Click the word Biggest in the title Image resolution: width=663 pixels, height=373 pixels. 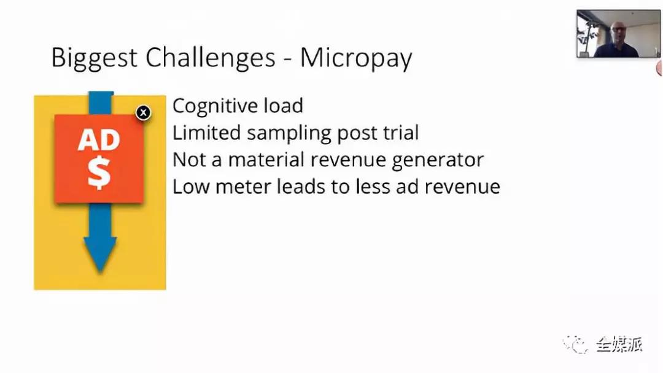pyautogui.click(x=95, y=58)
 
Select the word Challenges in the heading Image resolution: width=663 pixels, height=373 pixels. pyautogui.click(x=211, y=58)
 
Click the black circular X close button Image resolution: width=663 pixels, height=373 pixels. pyautogui.click(x=143, y=113)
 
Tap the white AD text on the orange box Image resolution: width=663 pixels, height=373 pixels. pyautogui.click(x=99, y=140)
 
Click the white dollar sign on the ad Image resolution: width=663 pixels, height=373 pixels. pyautogui.click(x=99, y=173)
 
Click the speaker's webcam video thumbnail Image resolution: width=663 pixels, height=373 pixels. pyautogui.click(x=618, y=33)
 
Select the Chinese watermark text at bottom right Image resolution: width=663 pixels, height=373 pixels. pyautogui.click(x=619, y=345)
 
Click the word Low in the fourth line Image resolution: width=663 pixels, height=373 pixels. pyautogui.click(x=191, y=186)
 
